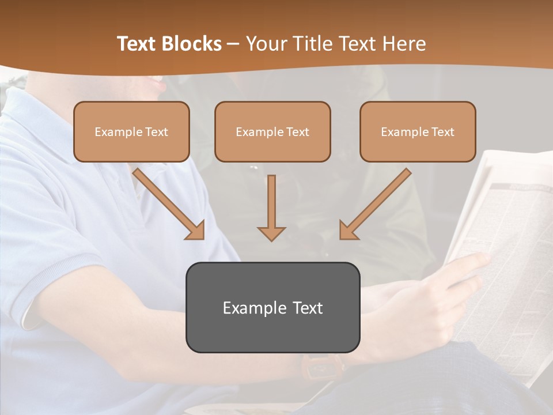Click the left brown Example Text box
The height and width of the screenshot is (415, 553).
pos(131,131)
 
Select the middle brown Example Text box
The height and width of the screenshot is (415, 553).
pos(272,131)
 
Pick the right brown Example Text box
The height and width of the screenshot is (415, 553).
pos(418,131)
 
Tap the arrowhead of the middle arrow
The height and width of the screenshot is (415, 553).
pos(271,233)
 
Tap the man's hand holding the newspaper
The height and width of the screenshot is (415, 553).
pos(455,282)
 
